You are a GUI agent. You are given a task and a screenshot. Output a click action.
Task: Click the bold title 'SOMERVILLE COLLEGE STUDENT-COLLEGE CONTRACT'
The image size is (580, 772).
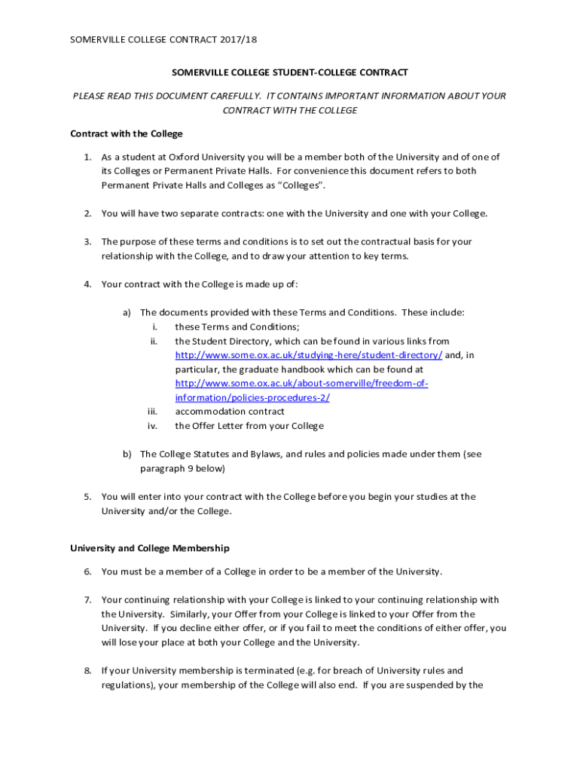coord(289,72)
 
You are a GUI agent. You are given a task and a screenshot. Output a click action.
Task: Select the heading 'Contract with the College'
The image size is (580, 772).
coord(127,133)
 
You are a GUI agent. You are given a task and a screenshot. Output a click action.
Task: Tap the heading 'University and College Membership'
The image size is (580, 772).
coord(150,548)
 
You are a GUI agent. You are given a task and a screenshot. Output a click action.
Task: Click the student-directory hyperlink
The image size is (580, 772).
coord(309,355)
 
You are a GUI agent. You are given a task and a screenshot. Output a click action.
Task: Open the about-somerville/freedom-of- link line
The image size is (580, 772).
coord(301,384)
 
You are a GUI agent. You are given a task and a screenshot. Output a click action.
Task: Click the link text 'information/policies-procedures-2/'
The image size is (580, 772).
coord(252,398)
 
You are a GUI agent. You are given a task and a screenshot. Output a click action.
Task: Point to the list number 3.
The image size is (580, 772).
coord(87,242)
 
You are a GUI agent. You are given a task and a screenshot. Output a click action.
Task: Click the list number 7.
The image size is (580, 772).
coord(87,600)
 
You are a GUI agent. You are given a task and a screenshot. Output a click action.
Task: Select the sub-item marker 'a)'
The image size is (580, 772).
coord(127,312)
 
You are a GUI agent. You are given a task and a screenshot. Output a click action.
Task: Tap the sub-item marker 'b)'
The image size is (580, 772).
coord(127,454)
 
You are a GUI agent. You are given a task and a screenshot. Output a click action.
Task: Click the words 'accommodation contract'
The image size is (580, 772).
coord(230,412)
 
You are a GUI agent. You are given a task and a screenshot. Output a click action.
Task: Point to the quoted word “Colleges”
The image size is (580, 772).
coord(304,185)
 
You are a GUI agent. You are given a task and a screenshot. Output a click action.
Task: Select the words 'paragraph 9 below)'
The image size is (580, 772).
coord(182,468)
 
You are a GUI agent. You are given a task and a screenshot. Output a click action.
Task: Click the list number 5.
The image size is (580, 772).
coord(87,497)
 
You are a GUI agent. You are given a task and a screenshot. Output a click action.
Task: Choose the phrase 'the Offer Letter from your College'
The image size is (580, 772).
coord(249,426)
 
